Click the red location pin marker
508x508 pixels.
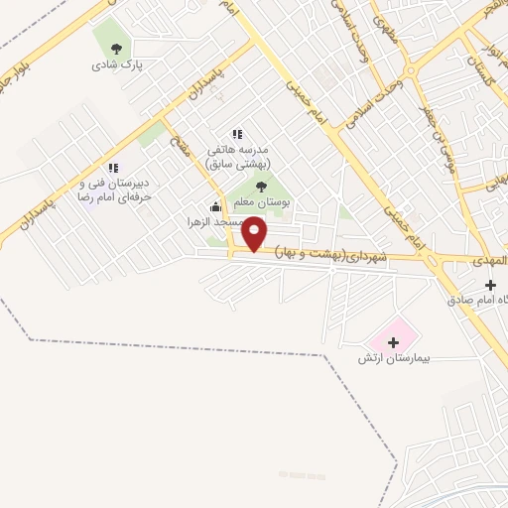(x=255, y=233)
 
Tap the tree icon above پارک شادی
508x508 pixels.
(x=117, y=48)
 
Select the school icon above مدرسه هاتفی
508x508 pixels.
(x=236, y=134)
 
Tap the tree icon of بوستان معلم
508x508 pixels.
(x=261, y=186)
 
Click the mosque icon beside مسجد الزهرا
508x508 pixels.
(x=215, y=206)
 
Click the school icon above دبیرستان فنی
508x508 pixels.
(x=112, y=168)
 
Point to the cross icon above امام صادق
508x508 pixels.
(x=490, y=285)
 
